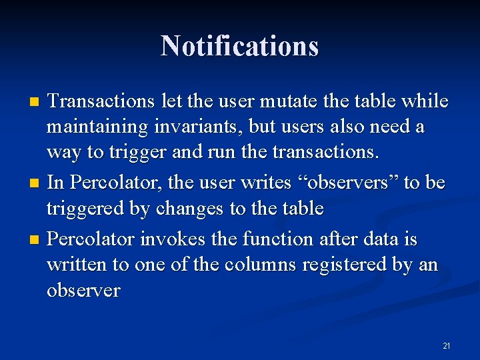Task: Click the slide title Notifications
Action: [x=240, y=46]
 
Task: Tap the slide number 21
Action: [x=446, y=345]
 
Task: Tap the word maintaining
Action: [x=95, y=127]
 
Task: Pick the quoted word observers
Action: [x=347, y=183]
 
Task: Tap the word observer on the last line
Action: [x=83, y=291]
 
